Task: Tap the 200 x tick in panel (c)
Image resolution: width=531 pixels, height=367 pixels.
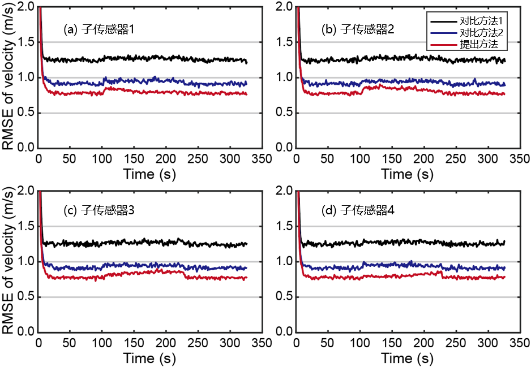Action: pos(166,343)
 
